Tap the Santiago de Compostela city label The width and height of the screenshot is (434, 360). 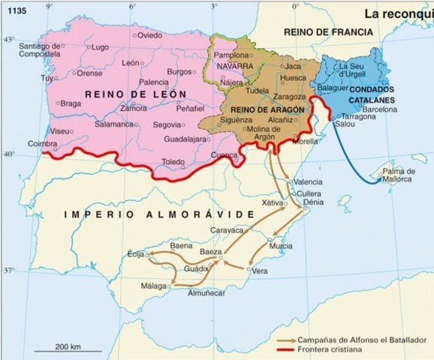coord(38,51)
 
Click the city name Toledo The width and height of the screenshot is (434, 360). coord(173,161)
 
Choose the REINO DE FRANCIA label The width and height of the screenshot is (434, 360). coord(328,32)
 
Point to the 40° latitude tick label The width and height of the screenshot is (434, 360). coord(8,153)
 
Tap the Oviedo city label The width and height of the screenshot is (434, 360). coord(150,35)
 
